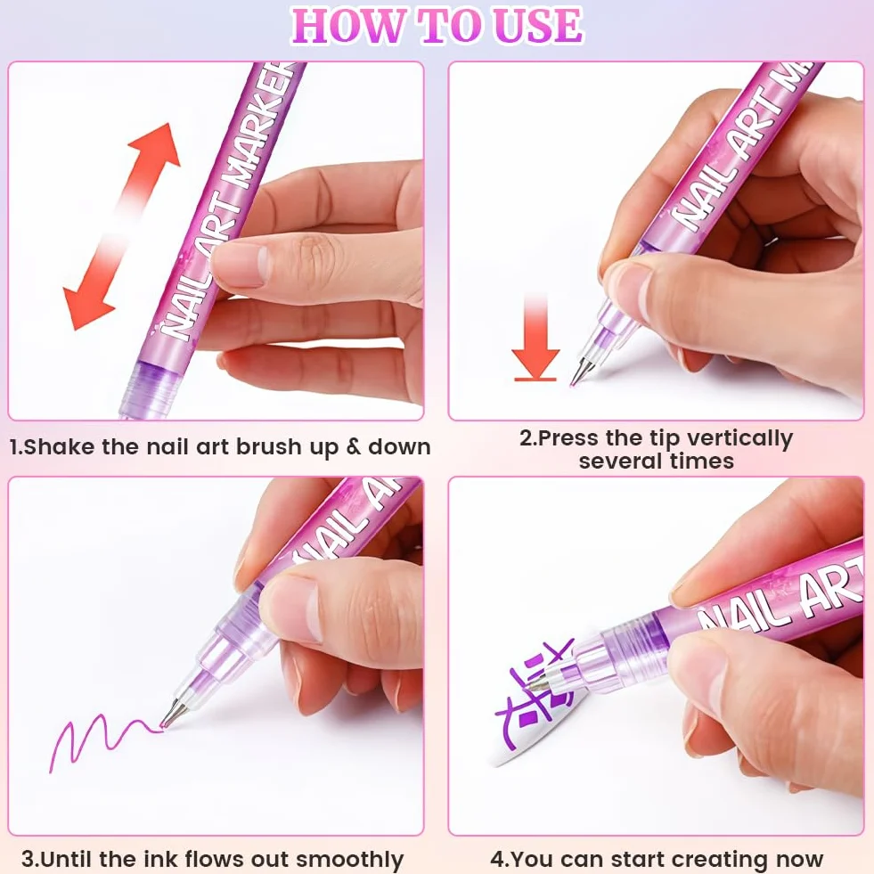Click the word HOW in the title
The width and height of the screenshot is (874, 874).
point(347,26)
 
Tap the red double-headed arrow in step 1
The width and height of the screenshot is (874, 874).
point(121,226)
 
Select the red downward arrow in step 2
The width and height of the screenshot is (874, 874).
point(535,339)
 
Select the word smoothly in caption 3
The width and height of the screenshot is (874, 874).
point(349,860)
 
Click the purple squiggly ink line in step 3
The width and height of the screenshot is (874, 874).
point(106,739)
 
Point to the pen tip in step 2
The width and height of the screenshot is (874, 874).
point(578,372)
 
